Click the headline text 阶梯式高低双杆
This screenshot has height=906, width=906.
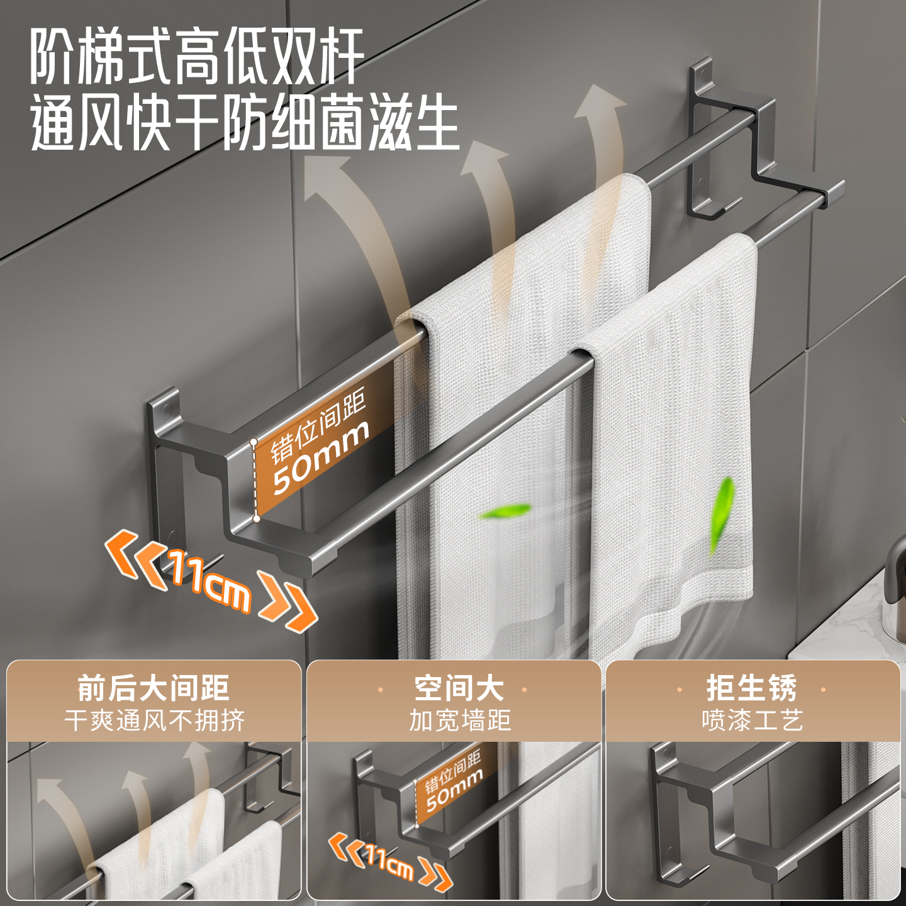[197, 57]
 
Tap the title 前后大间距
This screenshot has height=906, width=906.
[153, 688]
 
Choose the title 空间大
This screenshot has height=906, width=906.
[459, 688]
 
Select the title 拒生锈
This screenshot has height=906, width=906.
[751, 688]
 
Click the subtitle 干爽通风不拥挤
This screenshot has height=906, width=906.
[154, 720]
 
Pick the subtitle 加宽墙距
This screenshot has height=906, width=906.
[460, 720]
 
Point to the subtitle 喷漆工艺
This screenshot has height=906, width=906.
[752, 720]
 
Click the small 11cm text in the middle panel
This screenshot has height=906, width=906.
[389, 861]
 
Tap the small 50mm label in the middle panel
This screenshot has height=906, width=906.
[454, 792]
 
